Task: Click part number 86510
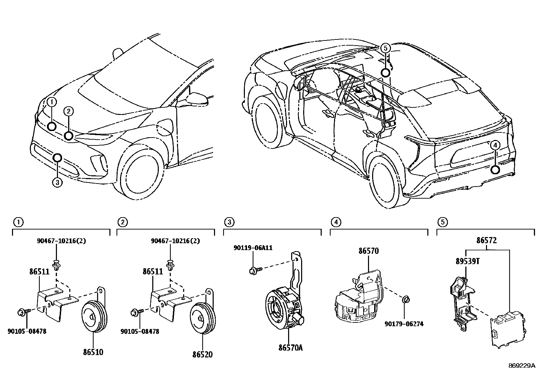pyautogui.click(x=93, y=352)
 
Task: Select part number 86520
pyautogui.click(x=202, y=354)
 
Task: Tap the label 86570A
pyautogui.click(x=290, y=348)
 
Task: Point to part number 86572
pyautogui.click(x=487, y=240)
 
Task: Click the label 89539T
pyautogui.click(x=467, y=261)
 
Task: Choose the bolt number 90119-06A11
pyautogui.click(x=253, y=248)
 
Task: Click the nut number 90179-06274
pyautogui.click(x=404, y=324)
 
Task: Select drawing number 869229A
pyautogui.click(x=522, y=366)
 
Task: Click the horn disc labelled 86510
pyautogui.click(x=94, y=316)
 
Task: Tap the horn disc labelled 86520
pyautogui.click(x=203, y=318)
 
